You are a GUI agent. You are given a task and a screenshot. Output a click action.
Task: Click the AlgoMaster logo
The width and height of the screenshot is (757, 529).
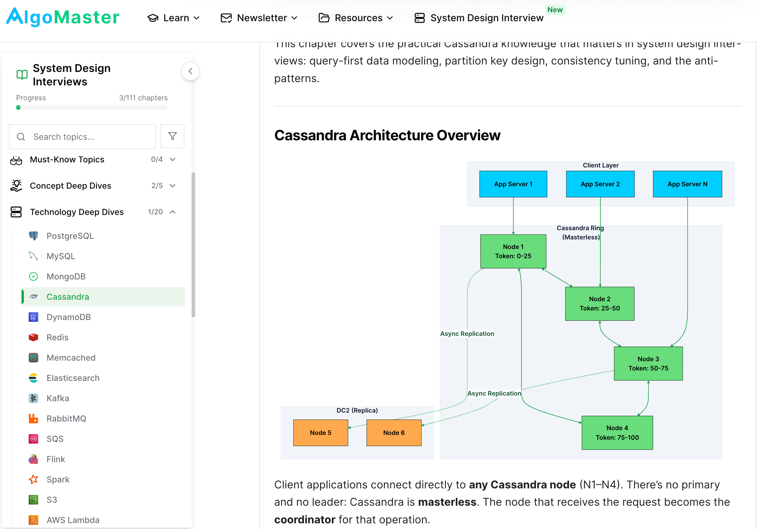pyautogui.click(x=63, y=17)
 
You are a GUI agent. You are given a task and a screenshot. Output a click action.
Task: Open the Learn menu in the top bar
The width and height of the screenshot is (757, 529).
pyautogui.click(x=173, y=18)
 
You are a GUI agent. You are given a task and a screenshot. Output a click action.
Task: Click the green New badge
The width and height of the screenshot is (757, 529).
pyautogui.click(x=555, y=10)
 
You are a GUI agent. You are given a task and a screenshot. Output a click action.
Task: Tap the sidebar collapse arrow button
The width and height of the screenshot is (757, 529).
pyautogui.click(x=190, y=71)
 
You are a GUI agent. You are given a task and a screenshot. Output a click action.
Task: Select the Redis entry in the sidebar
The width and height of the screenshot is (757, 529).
pyautogui.click(x=57, y=337)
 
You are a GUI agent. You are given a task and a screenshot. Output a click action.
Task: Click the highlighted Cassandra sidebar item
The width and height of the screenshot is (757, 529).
pyautogui.click(x=67, y=297)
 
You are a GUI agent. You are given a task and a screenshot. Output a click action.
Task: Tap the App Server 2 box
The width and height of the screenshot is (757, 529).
pyautogui.click(x=600, y=184)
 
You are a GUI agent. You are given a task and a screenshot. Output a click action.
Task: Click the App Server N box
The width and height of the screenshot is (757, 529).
pyautogui.click(x=687, y=184)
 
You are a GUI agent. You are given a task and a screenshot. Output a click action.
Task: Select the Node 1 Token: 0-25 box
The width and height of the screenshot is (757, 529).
pyautogui.click(x=513, y=251)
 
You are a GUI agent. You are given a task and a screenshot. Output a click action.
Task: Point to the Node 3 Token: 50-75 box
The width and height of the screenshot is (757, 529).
pyautogui.click(x=648, y=363)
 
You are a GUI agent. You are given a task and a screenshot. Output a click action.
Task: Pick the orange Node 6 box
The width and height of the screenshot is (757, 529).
pyautogui.click(x=394, y=433)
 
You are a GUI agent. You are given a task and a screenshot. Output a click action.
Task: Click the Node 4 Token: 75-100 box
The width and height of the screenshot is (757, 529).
pyautogui.click(x=617, y=433)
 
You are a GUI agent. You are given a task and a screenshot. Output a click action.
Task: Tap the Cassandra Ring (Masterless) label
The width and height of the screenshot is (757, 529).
pyautogui.click(x=580, y=233)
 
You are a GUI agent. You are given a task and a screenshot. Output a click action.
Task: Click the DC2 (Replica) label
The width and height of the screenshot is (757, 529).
pyautogui.click(x=357, y=410)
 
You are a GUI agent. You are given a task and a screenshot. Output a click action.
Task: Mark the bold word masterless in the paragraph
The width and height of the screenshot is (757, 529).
pyautogui.click(x=447, y=502)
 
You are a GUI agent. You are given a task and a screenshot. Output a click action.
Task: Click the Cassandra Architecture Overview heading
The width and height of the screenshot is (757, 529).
pyautogui.click(x=387, y=135)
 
